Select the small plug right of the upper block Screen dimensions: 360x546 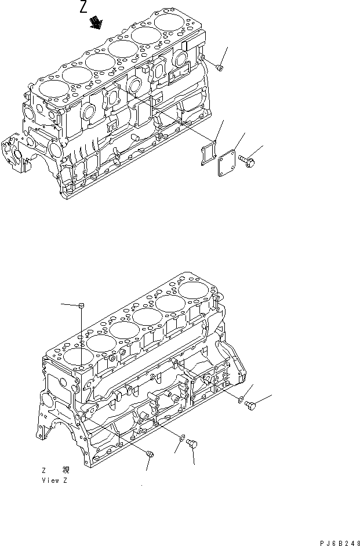(x=219, y=68)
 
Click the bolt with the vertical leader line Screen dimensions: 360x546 (x=194, y=445)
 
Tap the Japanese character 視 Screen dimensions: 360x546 (x=65, y=471)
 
